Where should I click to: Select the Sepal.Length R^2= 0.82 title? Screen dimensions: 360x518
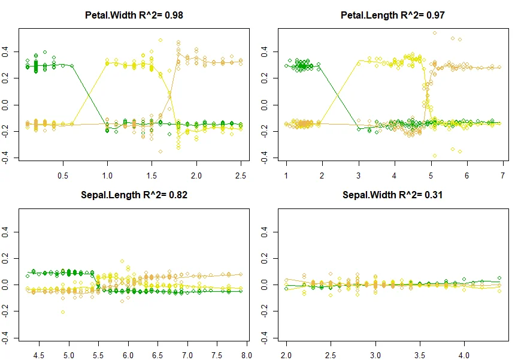134,195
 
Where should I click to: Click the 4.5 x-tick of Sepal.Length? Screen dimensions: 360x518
40,355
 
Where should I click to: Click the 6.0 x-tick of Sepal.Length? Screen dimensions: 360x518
128,355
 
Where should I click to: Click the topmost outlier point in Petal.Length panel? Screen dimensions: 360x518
434,33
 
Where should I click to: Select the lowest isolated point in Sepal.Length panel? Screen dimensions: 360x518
63,312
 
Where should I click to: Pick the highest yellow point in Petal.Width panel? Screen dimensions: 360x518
160,40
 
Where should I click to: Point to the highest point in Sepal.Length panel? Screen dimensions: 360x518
122,261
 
